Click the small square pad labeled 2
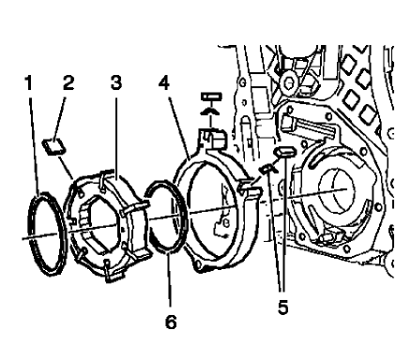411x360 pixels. pos(53,144)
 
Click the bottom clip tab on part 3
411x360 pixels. pos(112,274)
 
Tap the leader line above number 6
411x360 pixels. pos(166,291)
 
